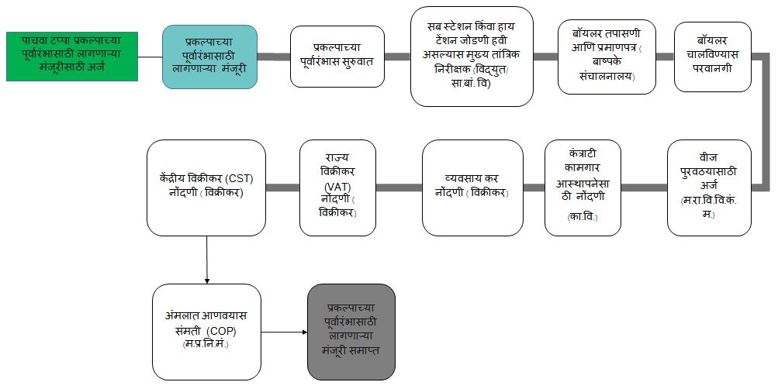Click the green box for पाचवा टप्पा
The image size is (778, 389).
[x=72, y=56]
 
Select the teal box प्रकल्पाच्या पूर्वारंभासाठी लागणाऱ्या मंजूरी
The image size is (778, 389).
[x=210, y=56]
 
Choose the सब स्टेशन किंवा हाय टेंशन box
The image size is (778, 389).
[x=472, y=56]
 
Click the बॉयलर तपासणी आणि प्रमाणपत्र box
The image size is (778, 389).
[x=607, y=56]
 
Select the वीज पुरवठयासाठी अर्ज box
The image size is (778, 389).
[x=709, y=188]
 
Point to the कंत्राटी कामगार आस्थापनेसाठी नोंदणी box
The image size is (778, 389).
[x=583, y=188]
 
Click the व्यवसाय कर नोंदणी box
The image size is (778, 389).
[x=472, y=188]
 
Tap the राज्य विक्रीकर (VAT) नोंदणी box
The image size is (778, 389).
[x=337, y=188]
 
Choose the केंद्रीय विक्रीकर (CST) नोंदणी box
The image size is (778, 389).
[x=206, y=188]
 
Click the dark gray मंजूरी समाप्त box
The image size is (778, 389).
[x=351, y=331]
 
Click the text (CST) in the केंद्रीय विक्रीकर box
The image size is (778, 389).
[x=247, y=179]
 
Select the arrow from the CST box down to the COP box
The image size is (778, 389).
[x=207, y=260]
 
